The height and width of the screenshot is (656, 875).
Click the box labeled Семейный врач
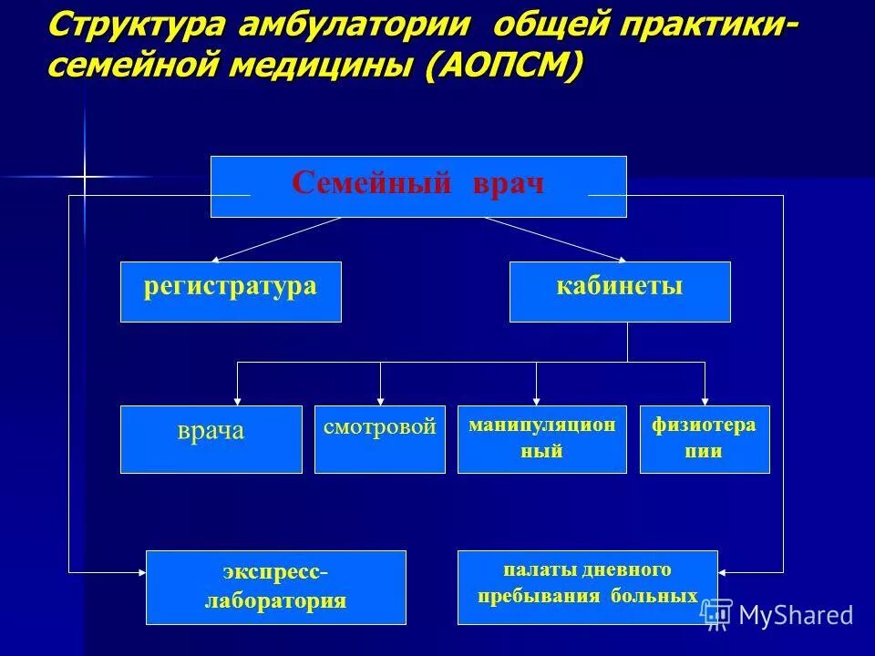click(x=418, y=186)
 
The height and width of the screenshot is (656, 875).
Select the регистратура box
click(x=231, y=292)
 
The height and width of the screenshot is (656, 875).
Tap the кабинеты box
click(x=620, y=292)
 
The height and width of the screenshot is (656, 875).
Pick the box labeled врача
click(x=211, y=439)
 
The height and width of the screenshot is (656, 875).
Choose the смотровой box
click(x=379, y=439)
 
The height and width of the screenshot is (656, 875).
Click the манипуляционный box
click(x=541, y=439)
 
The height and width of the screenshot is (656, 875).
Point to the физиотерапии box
click(x=705, y=439)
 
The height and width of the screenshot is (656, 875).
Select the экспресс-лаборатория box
click(x=276, y=587)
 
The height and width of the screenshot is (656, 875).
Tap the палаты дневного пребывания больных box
click(x=587, y=587)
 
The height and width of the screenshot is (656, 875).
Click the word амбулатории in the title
click(x=355, y=25)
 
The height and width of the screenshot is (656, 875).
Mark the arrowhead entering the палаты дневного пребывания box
click(x=723, y=572)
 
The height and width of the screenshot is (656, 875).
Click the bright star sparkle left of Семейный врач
click(x=83, y=175)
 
